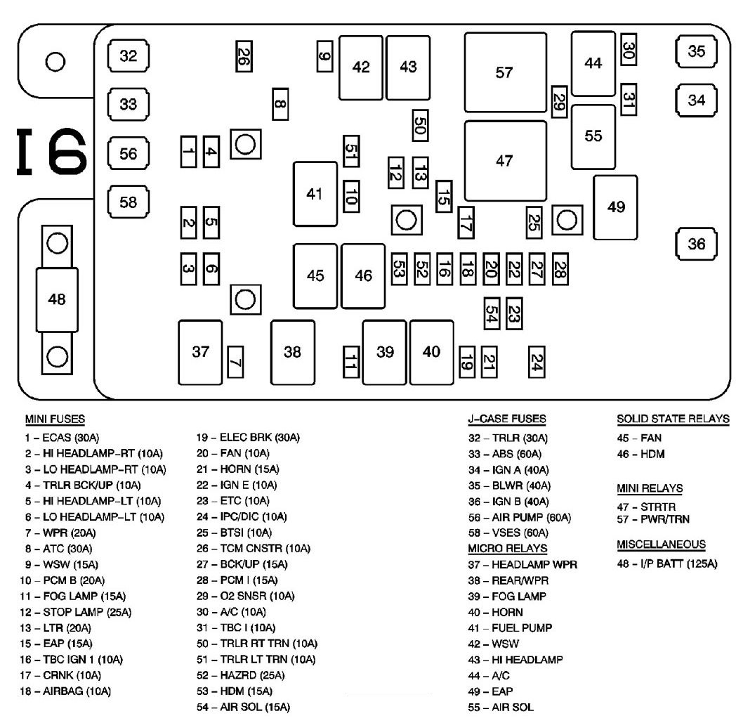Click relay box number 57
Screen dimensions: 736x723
tap(506, 72)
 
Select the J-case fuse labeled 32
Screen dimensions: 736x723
tap(128, 56)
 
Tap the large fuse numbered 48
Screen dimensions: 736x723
tap(57, 299)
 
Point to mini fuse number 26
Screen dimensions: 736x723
tap(244, 56)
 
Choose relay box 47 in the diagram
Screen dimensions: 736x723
tap(506, 161)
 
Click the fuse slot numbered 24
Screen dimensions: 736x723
tap(536, 362)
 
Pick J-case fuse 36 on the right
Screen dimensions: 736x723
tap(696, 244)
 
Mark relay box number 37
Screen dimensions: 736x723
tap(200, 353)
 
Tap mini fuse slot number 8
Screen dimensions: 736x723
tap(280, 104)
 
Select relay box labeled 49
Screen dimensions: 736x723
tap(615, 207)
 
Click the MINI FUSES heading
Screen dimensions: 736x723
tap(55, 419)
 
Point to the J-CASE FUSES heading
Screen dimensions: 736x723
tap(507, 419)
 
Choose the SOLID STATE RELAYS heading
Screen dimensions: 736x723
tap(673, 419)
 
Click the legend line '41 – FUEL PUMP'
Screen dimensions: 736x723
tap(510, 627)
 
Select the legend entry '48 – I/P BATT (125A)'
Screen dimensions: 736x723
tap(667, 564)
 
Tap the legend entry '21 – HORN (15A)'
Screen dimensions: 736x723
tap(237, 469)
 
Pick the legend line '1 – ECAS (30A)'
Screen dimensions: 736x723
tap(62, 438)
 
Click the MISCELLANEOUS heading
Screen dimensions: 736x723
tap(661, 545)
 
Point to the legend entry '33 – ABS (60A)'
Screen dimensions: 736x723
tap(504, 454)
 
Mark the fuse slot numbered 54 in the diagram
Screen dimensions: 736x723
tap(492, 313)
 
